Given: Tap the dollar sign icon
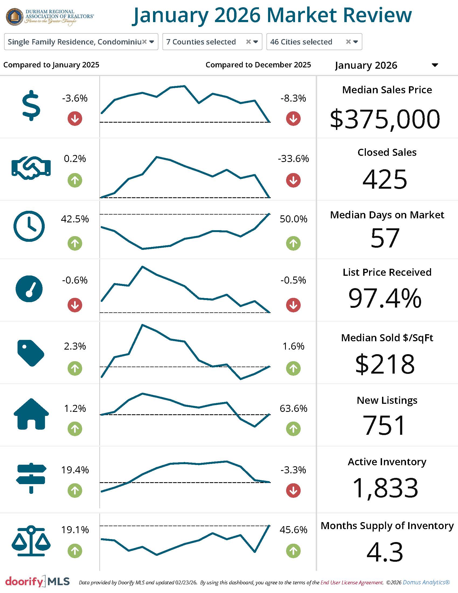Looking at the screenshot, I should (x=31, y=105).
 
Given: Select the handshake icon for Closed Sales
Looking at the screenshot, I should (x=31, y=168).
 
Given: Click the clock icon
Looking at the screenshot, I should (x=29, y=226).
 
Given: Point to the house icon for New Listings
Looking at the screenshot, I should (x=31, y=414).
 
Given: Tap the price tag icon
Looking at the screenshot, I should (x=30, y=353).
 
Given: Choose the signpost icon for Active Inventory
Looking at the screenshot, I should (x=31, y=478).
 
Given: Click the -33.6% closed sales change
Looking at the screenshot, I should (x=293, y=158).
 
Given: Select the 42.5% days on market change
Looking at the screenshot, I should (x=75, y=219).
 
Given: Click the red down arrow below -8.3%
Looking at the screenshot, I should (x=293, y=119).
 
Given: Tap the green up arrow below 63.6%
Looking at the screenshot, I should (x=293, y=429).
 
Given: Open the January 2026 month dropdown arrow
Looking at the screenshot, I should (x=435, y=65).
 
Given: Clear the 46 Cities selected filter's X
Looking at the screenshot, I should (x=348, y=42).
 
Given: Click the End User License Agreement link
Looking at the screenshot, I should (x=352, y=582).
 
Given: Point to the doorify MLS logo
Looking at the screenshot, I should (x=37, y=581).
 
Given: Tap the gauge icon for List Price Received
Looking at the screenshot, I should (x=29, y=289).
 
